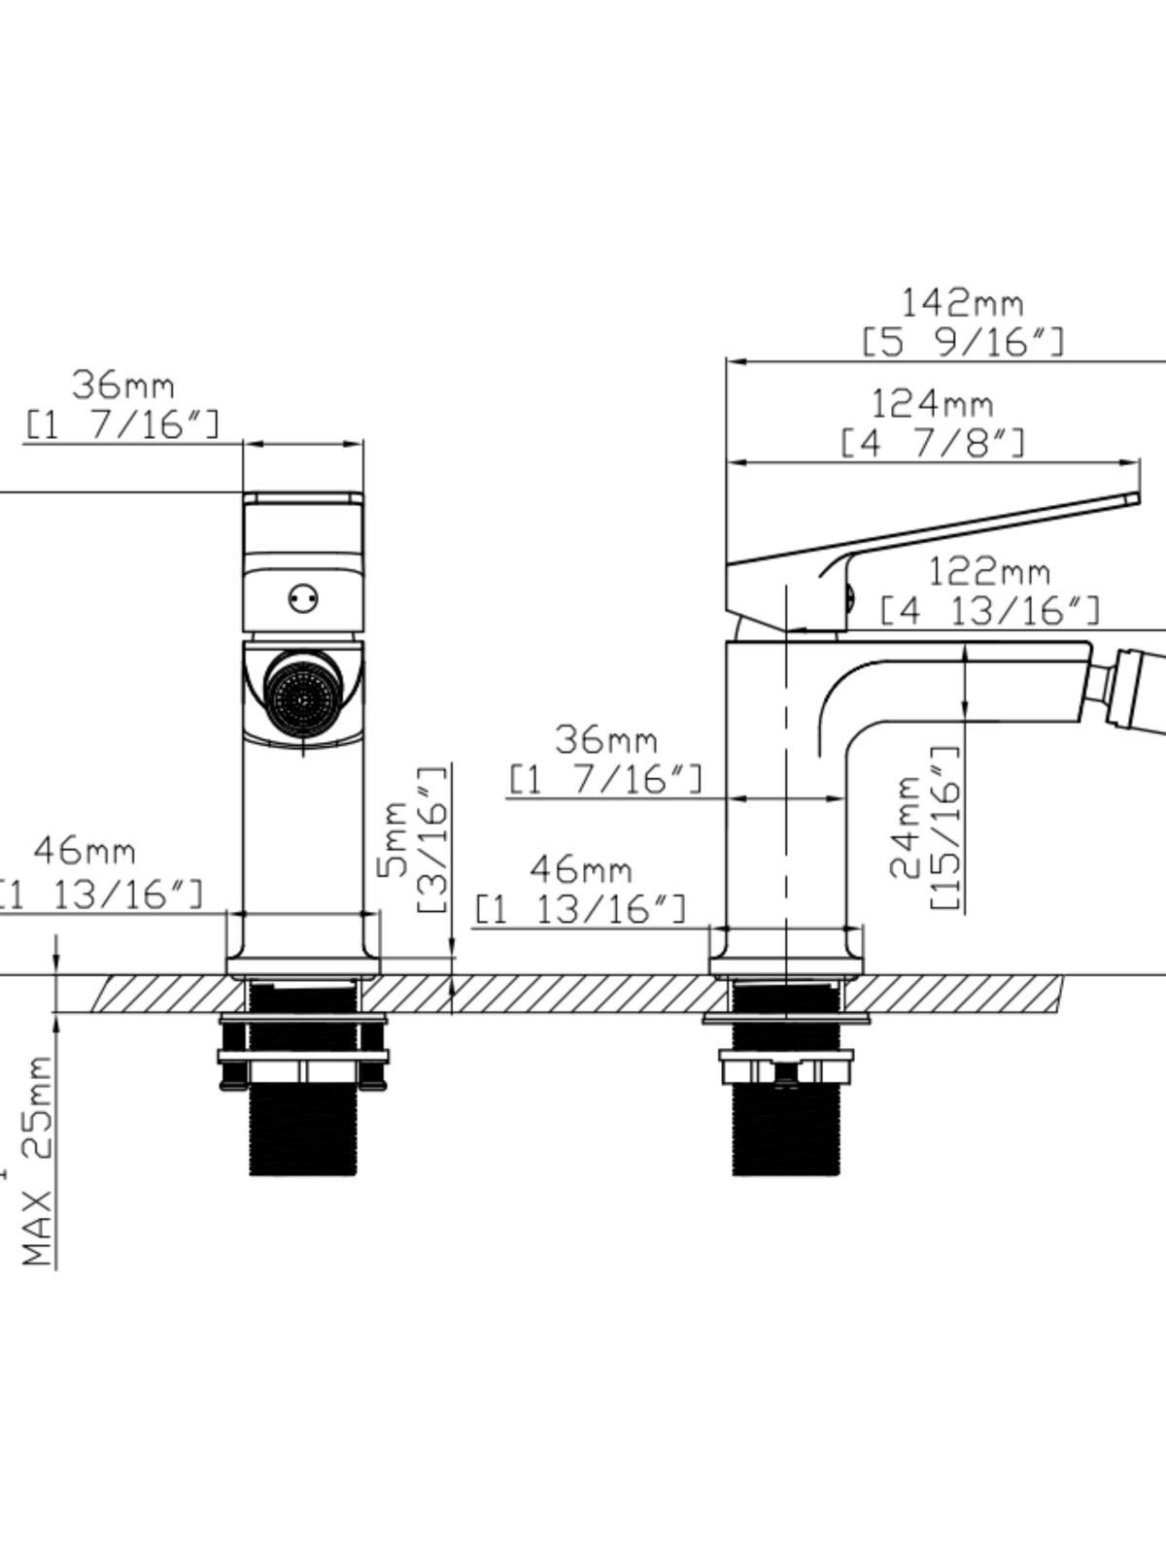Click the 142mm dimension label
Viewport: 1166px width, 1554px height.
(x=961, y=304)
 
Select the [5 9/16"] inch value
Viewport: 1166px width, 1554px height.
(x=963, y=343)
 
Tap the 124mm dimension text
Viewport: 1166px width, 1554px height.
(x=932, y=404)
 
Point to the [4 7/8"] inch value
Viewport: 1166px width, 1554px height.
(x=933, y=443)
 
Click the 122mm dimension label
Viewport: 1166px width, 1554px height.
(x=988, y=572)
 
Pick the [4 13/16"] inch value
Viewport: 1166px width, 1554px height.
(x=990, y=611)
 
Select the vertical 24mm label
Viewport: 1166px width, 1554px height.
(x=905, y=828)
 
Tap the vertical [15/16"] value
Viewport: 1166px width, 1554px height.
(x=945, y=828)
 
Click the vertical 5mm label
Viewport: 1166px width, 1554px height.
(x=393, y=839)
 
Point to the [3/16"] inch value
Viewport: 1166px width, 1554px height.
(x=432, y=839)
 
